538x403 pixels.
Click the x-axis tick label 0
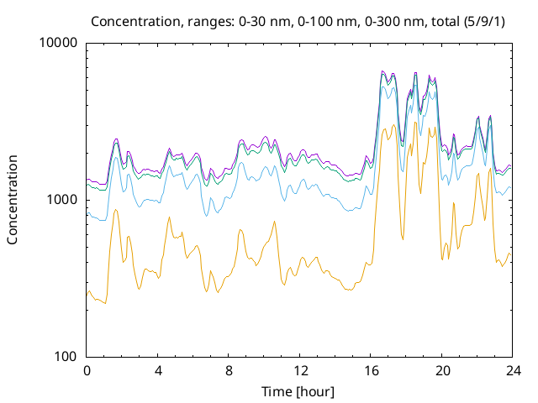click(87, 371)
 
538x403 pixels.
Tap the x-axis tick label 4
click(158, 371)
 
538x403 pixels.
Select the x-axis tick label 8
click(229, 371)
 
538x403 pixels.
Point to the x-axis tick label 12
click(300, 371)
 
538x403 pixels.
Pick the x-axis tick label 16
click(372, 371)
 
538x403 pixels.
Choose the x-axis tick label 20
click(442, 371)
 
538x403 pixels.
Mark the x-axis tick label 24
click(514, 371)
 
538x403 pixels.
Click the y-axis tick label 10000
click(59, 43)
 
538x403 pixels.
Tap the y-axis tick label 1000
click(62, 200)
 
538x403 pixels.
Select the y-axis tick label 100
click(66, 356)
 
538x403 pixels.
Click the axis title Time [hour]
click(298, 392)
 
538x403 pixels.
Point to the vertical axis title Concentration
click(13, 200)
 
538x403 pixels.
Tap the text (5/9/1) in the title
click(484, 22)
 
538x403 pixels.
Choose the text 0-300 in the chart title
click(383, 22)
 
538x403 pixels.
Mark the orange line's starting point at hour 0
click(87, 295)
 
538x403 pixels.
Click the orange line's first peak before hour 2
click(116, 209)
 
